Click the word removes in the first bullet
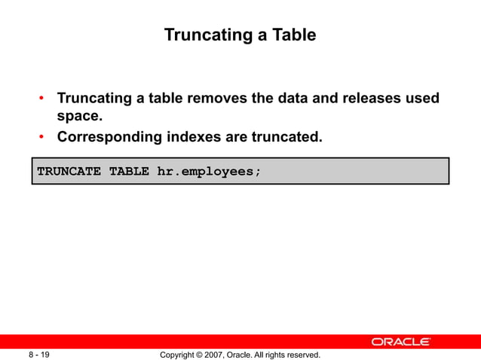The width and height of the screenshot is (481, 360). click(x=216, y=99)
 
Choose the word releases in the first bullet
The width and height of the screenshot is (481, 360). click(x=363, y=99)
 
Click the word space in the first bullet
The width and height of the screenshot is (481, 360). click(x=78, y=117)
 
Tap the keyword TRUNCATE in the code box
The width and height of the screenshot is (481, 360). click(x=69, y=171)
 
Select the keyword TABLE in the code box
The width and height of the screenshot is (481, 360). click(x=129, y=171)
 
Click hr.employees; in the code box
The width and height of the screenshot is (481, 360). click(x=209, y=171)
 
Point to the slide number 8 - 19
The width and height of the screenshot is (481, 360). click(x=40, y=354)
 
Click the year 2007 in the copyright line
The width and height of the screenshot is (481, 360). click(x=222, y=354)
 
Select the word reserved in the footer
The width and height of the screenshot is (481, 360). click(x=302, y=354)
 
